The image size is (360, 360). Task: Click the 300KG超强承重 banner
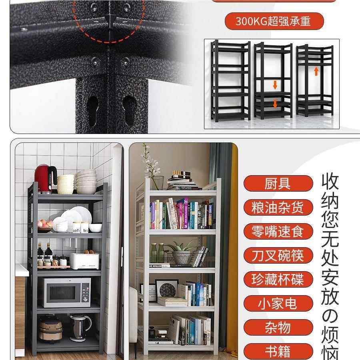point(273,21)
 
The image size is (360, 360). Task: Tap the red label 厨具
point(278,184)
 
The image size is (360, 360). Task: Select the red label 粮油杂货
point(278,208)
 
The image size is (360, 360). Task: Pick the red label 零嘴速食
point(278,232)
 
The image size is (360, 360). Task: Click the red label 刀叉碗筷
point(278,256)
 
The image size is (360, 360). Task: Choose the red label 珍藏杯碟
point(278,280)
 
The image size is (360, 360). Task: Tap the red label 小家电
point(278,304)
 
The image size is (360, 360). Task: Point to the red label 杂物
point(278,328)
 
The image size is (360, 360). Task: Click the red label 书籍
point(278,352)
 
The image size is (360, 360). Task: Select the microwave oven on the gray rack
point(67,292)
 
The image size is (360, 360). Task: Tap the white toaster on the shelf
point(84,260)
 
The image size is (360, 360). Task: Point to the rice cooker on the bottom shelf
point(50,328)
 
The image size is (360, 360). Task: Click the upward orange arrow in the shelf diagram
point(316,71)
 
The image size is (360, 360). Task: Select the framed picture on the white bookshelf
point(166,290)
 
